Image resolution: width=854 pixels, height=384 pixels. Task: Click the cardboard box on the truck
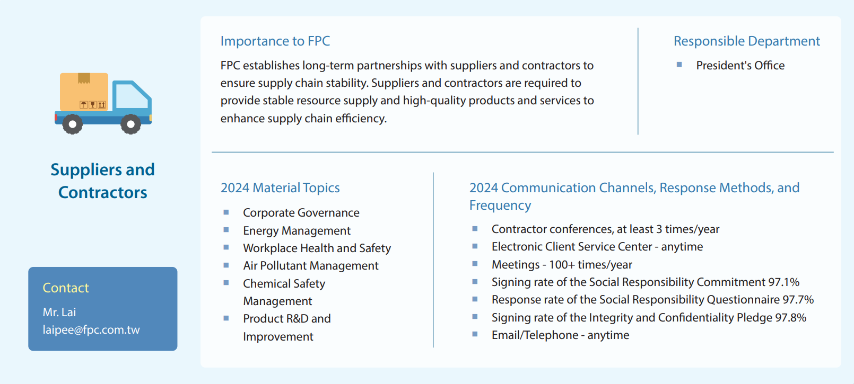[x=84, y=92]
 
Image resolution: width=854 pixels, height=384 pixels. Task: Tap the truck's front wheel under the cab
[x=131, y=124]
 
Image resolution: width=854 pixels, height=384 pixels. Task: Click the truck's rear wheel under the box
[x=73, y=124]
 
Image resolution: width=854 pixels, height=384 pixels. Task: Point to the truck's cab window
[x=132, y=96]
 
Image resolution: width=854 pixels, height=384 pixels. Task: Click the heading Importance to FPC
[x=275, y=41]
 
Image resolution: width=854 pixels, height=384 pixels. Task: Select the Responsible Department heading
[x=746, y=41]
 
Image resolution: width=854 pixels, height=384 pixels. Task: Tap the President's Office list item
[x=740, y=66]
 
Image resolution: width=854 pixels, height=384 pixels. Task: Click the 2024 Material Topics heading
[x=280, y=187]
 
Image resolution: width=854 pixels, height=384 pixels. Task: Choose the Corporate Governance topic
[x=301, y=212]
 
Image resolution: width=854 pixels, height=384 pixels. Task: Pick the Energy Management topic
[x=297, y=230]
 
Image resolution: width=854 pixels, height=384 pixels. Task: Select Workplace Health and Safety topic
[x=317, y=248]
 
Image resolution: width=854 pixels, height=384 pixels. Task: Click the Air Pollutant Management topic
[x=311, y=266]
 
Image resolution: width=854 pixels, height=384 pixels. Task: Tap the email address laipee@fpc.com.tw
[x=91, y=329]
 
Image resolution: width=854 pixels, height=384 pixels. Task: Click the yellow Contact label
[x=66, y=288]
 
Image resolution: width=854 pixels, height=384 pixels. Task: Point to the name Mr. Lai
[x=59, y=312]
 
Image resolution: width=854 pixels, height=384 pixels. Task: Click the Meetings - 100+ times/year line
[x=562, y=264]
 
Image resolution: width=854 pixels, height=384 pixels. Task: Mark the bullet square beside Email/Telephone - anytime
[x=475, y=334]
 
